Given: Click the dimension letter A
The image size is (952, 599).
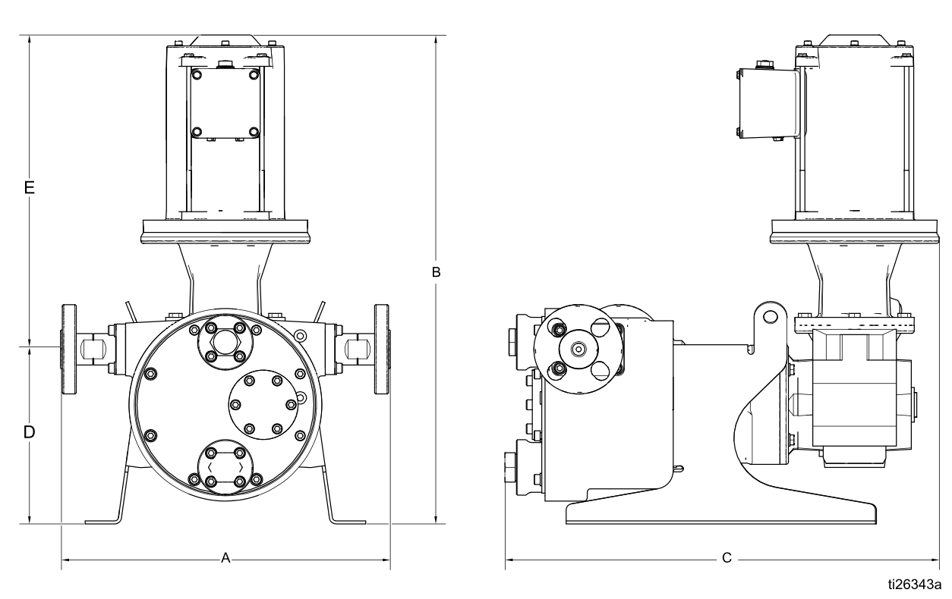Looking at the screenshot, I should point(225,558).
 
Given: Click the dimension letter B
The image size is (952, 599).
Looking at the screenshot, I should point(437,271).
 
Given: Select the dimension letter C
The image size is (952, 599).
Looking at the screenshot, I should point(727,558).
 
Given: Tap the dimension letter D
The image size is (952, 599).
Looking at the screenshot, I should point(29,432).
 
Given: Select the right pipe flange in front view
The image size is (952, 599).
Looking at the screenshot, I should point(381,349).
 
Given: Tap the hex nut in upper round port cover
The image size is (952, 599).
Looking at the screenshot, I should point(225,342).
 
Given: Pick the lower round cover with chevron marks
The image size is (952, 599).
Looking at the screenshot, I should point(225,467).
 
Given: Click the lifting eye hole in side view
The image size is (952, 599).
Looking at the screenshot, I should point(771,315).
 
